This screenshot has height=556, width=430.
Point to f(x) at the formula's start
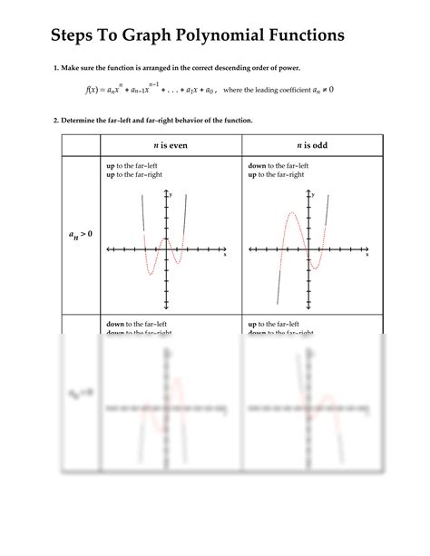[x=92, y=90]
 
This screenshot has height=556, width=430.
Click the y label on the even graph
[x=171, y=194]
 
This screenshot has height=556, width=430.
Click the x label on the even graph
[x=225, y=255]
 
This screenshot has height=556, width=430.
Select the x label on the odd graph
[x=367, y=255]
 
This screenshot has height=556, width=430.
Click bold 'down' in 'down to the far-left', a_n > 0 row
[x=257, y=166]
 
